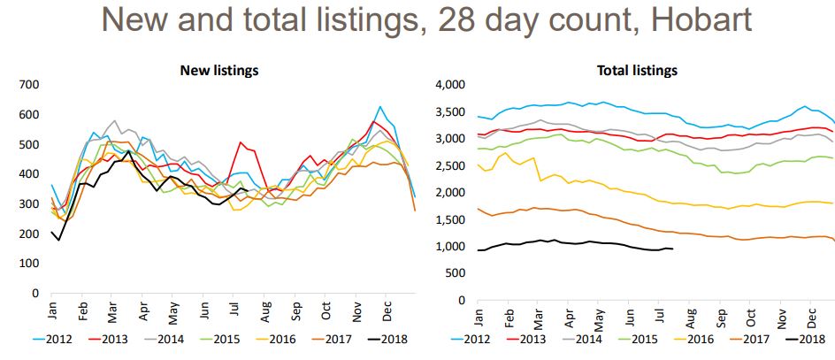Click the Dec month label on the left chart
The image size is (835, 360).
pos(387,312)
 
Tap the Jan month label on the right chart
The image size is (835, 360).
pos(479,312)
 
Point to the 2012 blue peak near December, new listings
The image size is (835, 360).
pos(379,107)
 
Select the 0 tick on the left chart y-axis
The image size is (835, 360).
pos(35,293)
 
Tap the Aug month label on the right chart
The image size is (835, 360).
pos(691,312)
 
